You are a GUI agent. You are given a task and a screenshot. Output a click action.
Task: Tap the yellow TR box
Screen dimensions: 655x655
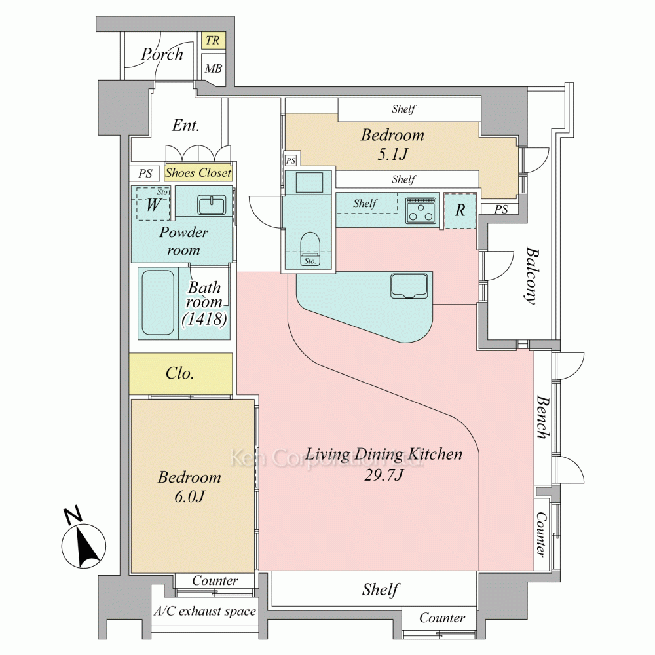(213, 41)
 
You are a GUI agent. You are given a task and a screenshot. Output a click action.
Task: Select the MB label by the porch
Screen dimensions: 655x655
(214, 68)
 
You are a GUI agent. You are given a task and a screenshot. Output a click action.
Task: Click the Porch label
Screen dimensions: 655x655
(162, 54)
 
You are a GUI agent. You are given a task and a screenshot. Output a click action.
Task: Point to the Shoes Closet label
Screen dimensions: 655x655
(198, 172)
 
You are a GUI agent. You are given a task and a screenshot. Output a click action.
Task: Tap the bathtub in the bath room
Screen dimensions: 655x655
(158, 303)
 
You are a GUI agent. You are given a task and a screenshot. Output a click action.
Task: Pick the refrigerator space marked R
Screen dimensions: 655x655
(460, 210)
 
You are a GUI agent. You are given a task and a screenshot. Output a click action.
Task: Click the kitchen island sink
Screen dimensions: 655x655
(409, 286)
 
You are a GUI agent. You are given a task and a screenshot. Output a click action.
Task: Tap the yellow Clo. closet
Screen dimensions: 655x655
(181, 373)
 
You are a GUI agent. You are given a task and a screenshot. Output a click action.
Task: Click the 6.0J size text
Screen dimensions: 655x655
(190, 496)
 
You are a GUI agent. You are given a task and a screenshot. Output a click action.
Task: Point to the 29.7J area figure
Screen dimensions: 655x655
(383, 475)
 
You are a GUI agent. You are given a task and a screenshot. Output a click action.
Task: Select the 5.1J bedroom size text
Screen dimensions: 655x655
(392, 154)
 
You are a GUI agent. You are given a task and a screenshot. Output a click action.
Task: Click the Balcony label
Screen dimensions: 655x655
(531, 276)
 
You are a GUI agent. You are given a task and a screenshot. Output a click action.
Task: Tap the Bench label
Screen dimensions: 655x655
(542, 417)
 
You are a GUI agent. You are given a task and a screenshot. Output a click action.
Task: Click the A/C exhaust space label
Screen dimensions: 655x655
(204, 612)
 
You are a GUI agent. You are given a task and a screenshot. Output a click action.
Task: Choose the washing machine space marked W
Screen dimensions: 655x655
(153, 204)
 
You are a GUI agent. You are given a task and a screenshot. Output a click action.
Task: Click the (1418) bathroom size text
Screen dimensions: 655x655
(204, 320)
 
